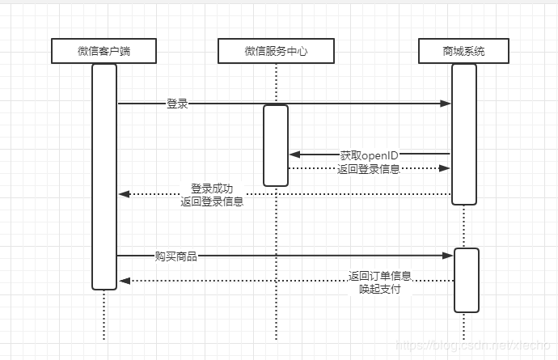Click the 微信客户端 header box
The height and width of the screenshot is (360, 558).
click(x=104, y=52)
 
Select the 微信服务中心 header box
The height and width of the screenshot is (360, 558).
click(x=276, y=52)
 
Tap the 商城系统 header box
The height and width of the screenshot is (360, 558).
click(x=463, y=52)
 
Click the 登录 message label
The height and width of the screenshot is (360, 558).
click(x=177, y=104)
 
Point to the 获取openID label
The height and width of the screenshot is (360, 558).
click(x=369, y=155)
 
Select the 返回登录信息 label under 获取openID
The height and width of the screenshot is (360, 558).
click(x=369, y=169)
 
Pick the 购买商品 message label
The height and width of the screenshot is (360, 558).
click(x=176, y=256)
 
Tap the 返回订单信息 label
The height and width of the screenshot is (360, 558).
click(x=380, y=275)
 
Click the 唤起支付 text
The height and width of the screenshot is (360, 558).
click(x=380, y=288)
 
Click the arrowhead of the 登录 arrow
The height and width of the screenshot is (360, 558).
click(x=446, y=104)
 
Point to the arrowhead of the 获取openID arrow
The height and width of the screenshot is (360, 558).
click(x=294, y=154)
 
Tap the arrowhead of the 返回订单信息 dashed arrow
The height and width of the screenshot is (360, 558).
click(x=124, y=281)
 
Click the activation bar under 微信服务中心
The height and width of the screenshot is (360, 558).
click(x=276, y=146)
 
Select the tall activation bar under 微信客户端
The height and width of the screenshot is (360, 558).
click(x=104, y=176)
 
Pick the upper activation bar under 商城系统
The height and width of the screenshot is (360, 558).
click(x=463, y=134)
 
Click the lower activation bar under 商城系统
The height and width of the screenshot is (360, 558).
click(x=466, y=280)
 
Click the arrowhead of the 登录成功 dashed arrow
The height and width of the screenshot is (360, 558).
click(x=124, y=194)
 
